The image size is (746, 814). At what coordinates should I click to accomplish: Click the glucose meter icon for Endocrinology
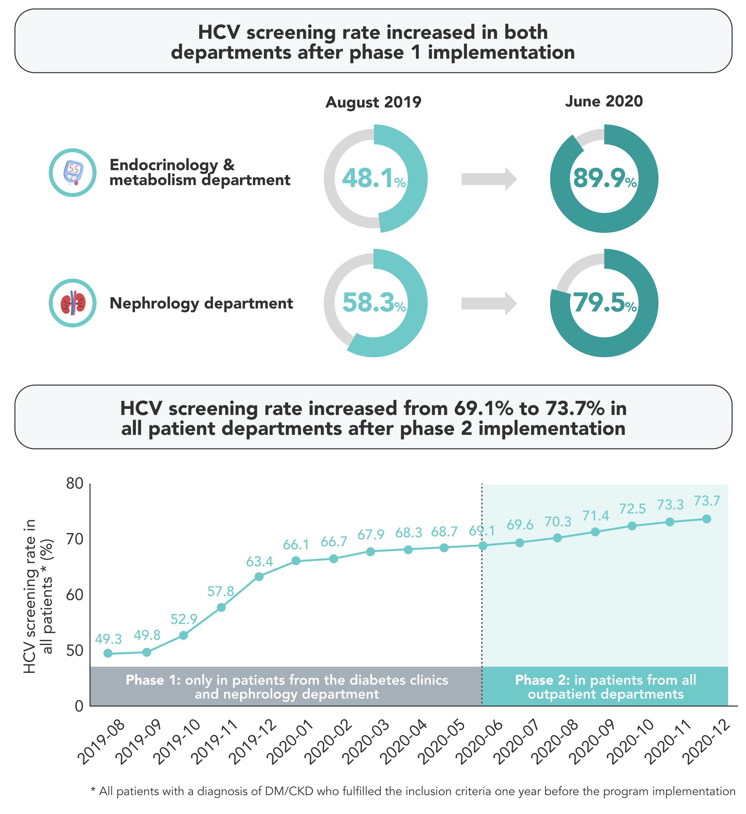(73, 173)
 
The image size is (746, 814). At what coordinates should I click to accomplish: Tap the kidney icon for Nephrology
(73, 303)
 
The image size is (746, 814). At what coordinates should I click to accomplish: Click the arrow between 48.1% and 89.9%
(489, 178)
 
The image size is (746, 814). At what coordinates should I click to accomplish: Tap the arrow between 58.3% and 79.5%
(489, 303)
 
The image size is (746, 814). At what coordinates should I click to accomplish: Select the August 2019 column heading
(373, 102)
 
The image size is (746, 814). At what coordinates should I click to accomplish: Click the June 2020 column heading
(604, 102)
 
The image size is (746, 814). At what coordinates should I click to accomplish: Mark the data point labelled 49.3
(108, 653)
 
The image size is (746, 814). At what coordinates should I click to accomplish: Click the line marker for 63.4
(259, 577)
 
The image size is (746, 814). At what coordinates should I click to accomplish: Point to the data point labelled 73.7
(707, 519)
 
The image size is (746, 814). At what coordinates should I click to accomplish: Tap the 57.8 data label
(220, 591)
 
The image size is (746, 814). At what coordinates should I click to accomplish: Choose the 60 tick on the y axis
(75, 595)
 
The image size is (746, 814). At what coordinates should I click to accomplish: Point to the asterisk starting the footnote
(93, 790)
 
